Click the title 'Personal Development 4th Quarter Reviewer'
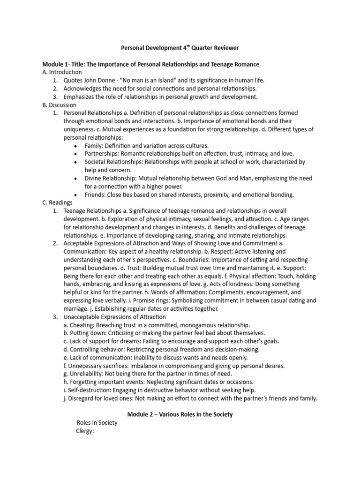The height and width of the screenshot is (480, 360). point(180,48)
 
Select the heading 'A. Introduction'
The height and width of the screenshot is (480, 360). point(62,72)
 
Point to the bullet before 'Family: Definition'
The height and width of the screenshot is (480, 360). point(76,146)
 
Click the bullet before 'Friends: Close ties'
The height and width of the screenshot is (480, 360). point(76,195)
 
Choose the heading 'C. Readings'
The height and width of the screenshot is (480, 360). point(57,202)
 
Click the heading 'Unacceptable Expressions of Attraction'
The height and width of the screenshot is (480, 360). point(115,317)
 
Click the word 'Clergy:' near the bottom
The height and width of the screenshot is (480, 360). point(85,431)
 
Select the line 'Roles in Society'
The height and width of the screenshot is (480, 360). point(97,423)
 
